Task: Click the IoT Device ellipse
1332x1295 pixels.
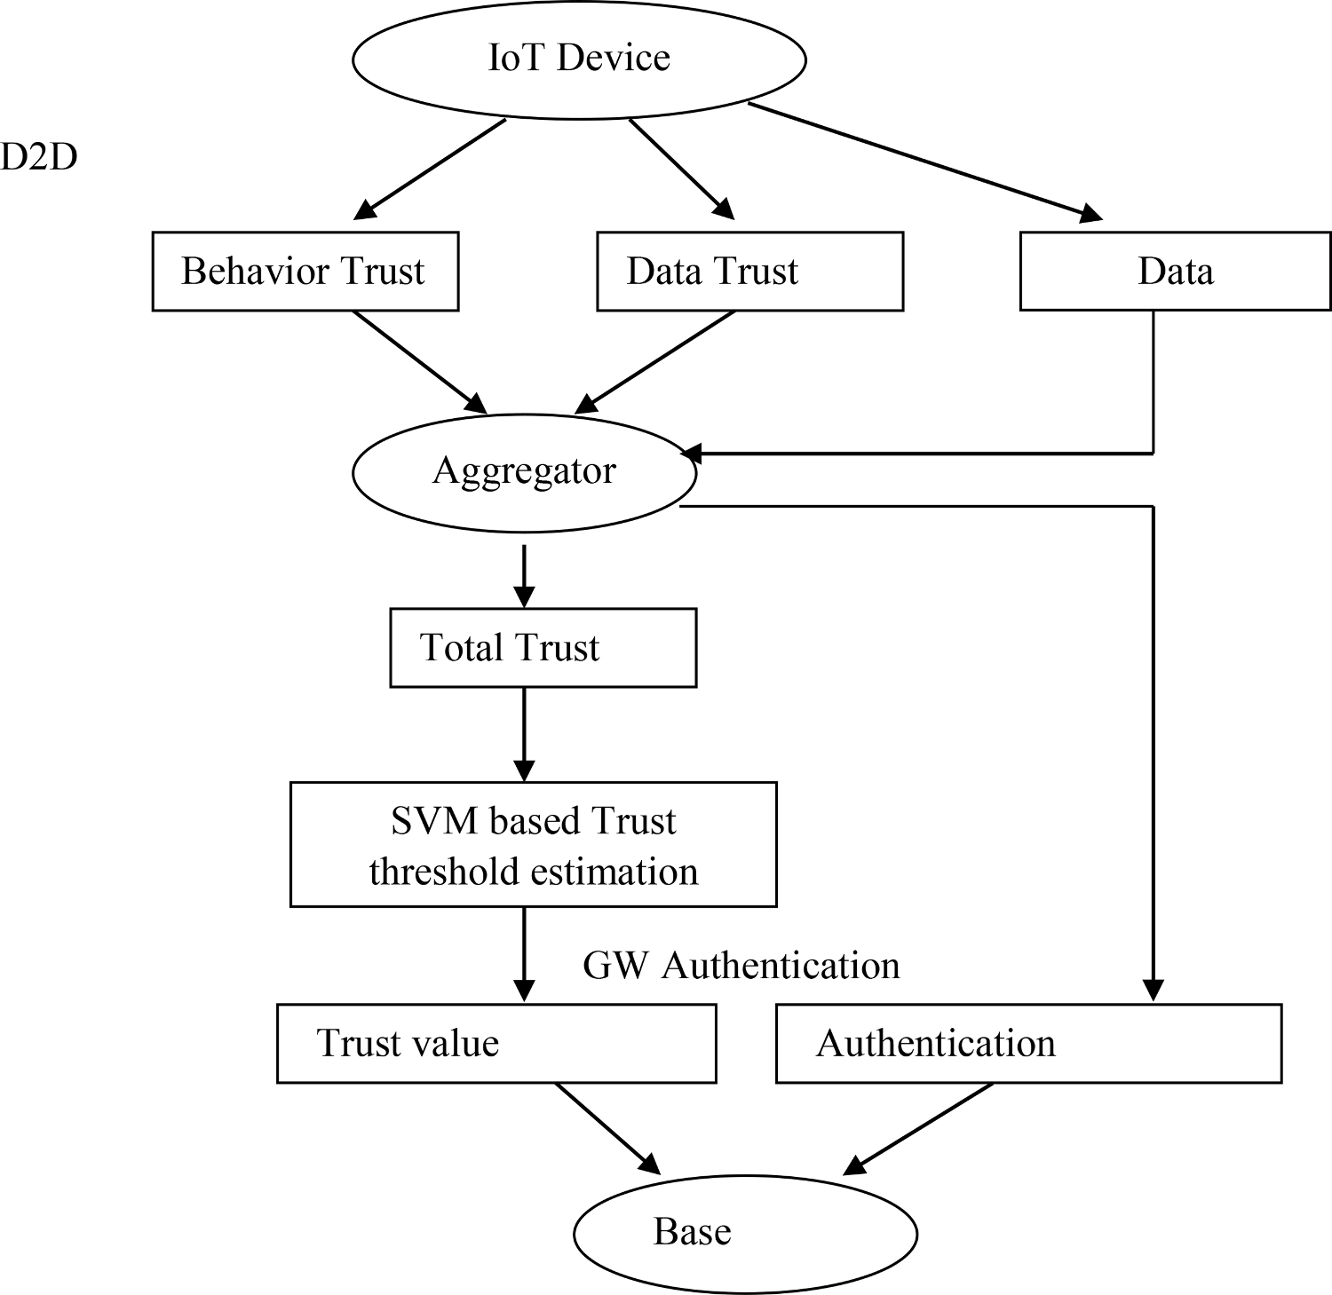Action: pos(579,59)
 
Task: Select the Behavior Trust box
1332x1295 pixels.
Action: pos(305,272)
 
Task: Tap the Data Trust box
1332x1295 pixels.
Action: pos(749,272)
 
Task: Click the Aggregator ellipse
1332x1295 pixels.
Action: pos(524,471)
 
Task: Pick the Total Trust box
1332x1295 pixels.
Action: pos(543,648)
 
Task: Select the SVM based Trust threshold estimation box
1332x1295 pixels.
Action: pos(533,844)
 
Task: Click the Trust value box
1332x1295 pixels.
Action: pos(496,1043)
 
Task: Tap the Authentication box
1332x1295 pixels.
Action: pos(1028,1043)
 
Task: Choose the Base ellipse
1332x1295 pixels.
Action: pos(745,1233)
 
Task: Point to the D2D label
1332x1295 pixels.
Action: pos(38,157)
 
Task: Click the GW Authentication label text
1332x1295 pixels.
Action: pos(741,966)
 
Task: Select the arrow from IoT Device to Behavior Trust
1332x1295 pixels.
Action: pos(430,169)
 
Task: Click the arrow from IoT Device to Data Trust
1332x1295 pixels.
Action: pos(682,169)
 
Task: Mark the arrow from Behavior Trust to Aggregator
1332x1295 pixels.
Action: pos(420,361)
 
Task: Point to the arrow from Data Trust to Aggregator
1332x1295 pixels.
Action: pos(655,361)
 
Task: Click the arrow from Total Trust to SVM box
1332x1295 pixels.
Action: pos(525,734)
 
